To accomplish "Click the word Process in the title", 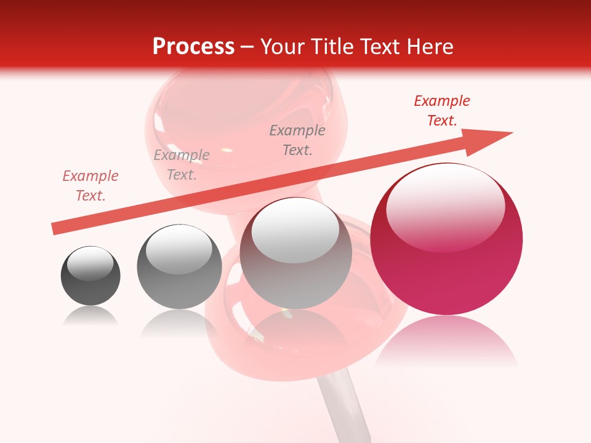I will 193,47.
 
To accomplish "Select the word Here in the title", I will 429,47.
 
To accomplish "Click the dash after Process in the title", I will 247,47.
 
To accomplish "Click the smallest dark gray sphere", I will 90,276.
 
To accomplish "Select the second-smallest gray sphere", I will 179,266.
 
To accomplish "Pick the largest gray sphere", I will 296,253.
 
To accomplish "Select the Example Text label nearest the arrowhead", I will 441,111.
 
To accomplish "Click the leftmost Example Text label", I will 90,186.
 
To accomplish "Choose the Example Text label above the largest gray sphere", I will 297,140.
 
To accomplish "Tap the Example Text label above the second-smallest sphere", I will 182,165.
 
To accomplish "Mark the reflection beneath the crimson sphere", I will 446,341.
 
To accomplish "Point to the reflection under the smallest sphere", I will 90,317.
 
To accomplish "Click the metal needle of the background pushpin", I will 345,406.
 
